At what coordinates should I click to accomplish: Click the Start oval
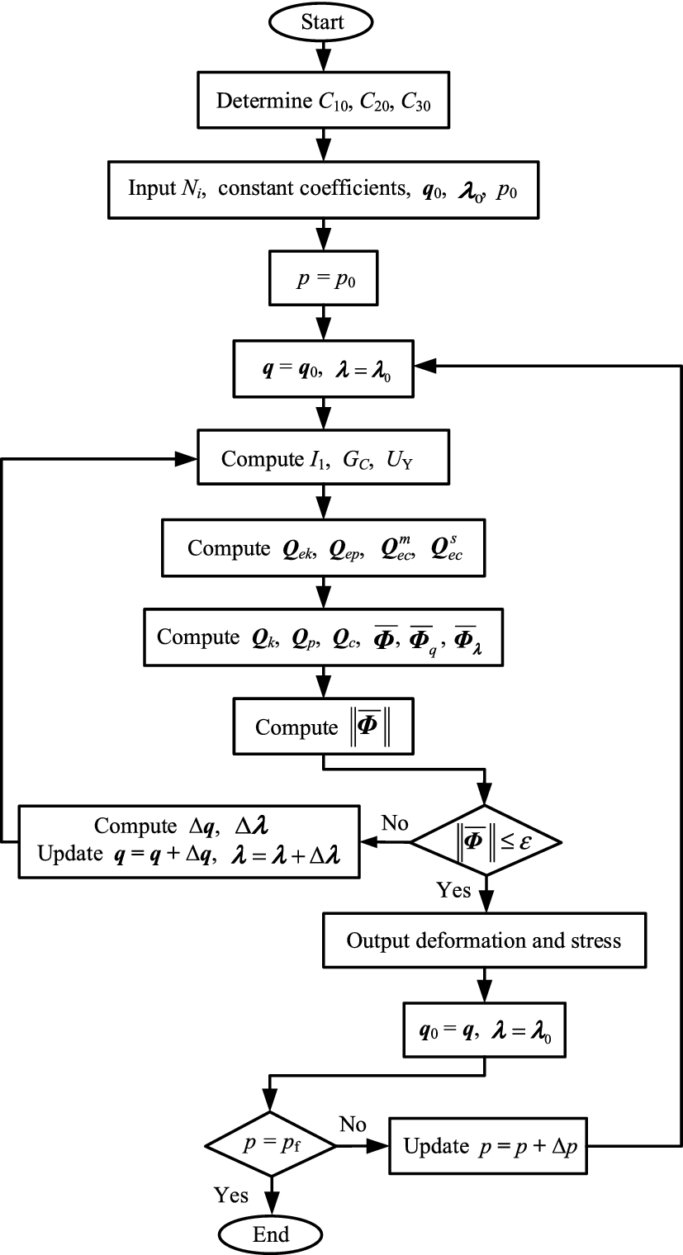point(322,21)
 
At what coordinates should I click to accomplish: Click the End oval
point(271,1234)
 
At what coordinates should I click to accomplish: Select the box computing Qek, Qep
point(322,547)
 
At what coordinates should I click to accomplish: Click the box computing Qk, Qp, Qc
point(322,637)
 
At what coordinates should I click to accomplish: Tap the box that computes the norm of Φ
point(322,727)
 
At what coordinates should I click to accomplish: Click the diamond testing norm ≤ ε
point(486,842)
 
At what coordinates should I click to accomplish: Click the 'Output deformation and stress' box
point(484,940)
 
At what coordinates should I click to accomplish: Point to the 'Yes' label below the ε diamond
point(454,890)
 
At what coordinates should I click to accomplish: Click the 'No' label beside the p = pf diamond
point(353,1125)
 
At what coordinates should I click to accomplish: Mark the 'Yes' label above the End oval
point(231,1194)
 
